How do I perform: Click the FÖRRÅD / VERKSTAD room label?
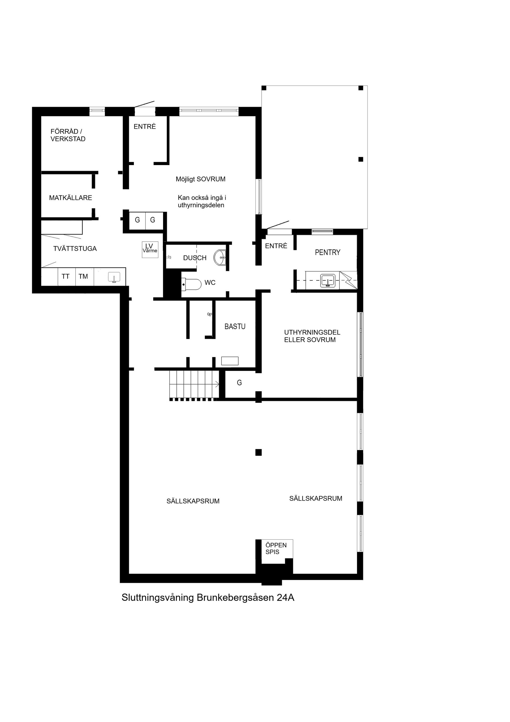(68, 135)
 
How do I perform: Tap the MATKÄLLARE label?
(70, 198)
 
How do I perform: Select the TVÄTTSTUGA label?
(75, 249)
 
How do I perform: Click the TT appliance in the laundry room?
(66, 276)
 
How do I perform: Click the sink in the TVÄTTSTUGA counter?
(114, 277)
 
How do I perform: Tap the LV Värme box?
(150, 250)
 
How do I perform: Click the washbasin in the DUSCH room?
(220, 257)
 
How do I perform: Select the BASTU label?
(235, 326)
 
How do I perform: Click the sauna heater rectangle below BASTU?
(230, 361)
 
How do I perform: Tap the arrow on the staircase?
(216, 384)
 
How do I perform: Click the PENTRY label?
(328, 252)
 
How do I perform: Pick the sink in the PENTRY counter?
(328, 280)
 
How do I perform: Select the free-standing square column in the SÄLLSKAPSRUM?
(258, 452)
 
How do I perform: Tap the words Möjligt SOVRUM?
(201, 179)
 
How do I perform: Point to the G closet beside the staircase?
(239, 383)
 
